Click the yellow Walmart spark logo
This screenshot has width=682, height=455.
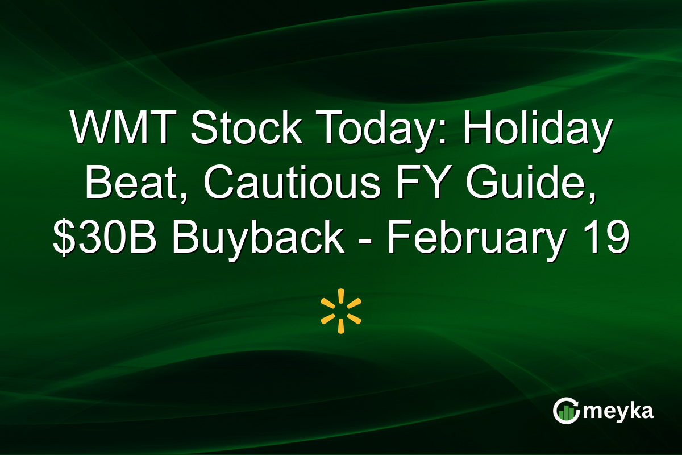[341, 311]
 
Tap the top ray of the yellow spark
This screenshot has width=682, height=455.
[341, 296]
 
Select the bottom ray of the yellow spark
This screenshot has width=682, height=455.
[341, 326]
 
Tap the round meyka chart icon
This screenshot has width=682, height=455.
[565, 411]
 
